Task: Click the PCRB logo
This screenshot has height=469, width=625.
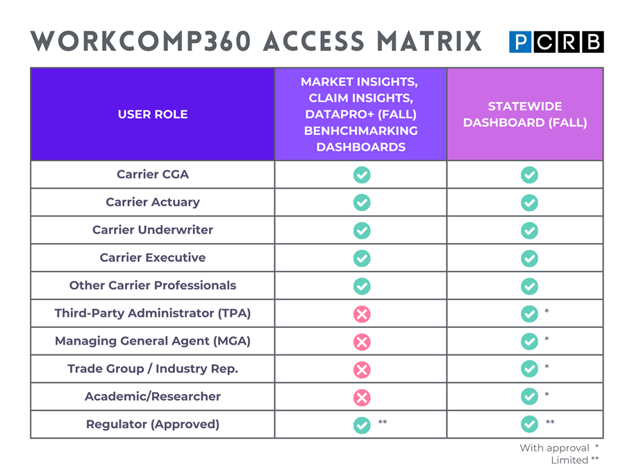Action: [556, 42]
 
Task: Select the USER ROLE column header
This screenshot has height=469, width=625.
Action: [153, 114]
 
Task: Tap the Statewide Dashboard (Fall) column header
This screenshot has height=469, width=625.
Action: [525, 114]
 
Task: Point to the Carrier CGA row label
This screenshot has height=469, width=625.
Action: [153, 174]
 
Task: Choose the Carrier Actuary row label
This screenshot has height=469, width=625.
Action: [153, 202]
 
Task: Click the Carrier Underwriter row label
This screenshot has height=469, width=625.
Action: [153, 230]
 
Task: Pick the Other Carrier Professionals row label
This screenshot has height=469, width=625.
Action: [153, 286]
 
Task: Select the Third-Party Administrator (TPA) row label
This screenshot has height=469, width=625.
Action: [153, 313]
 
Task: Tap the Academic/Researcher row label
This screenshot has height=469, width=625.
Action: [153, 397]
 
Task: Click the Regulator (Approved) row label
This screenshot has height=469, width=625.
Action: [153, 425]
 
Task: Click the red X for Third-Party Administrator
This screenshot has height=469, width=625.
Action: [362, 314]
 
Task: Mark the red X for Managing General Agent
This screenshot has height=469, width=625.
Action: [362, 342]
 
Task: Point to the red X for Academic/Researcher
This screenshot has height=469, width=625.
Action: [362, 397]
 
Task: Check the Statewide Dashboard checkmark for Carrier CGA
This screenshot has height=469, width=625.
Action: [529, 175]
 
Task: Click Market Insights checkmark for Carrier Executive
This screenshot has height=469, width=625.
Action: [362, 258]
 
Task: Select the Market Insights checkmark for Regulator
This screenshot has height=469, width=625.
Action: [362, 425]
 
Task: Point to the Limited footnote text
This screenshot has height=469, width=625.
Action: [569, 460]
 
